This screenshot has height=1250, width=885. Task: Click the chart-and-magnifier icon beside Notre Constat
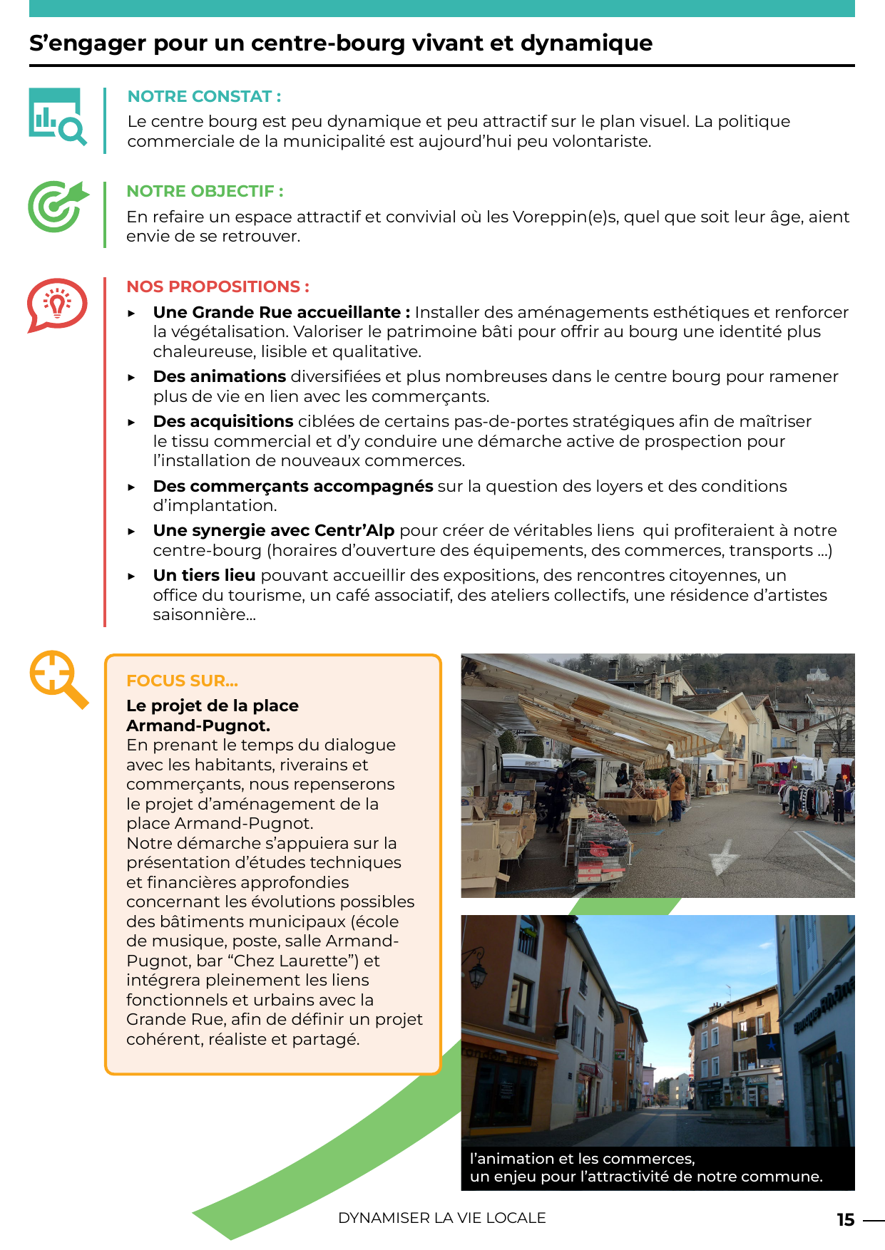pyautogui.click(x=57, y=117)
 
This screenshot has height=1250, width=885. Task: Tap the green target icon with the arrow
pyautogui.click(x=58, y=206)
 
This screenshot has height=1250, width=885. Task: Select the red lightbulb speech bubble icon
pyautogui.click(x=57, y=304)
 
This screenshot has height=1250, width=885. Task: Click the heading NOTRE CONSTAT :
pyautogui.click(x=204, y=96)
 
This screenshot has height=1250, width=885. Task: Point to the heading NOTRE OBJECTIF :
pyautogui.click(x=205, y=191)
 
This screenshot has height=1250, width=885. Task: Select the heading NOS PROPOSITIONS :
pyautogui.click(x=218, y=286)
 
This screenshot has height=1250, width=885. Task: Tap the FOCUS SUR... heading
pyautogui.click(x=182, y=681)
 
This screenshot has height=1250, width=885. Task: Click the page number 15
pyautogui.click(x=845, y=1220)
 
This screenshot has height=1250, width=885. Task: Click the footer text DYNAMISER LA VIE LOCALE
pyautogui.click(x=441, y=1218)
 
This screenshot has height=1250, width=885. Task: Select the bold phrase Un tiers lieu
pyautogui.click(x=204, y=575)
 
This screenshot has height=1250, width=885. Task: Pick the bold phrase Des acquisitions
pyautogui.click(x=223, y=421)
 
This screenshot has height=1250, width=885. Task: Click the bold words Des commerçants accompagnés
pyautogui.click(x=293, y=486)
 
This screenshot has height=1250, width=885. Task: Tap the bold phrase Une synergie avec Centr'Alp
pyautogui.click(x=274, y=530)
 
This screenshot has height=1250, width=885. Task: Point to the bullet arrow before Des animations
pyautogui.click(x=132, y=377)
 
